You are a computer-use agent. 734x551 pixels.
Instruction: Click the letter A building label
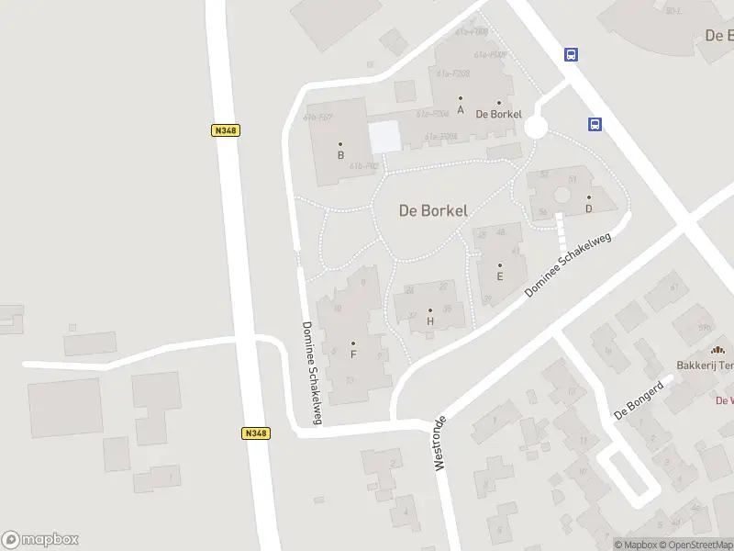(x=461, y=108)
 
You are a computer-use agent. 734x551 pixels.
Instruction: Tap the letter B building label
(x=340, y=154)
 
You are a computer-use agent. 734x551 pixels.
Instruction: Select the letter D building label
(x=589, y=208)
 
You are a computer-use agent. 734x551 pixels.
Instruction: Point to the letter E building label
(x=500, y=275)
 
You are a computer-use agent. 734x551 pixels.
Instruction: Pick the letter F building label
(x=353, y=354)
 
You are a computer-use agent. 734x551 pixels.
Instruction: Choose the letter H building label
(x=429, y=321)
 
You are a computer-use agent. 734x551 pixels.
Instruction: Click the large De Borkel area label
(x=433, y=210)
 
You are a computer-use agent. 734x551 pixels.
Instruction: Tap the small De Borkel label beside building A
(x=498, y=114)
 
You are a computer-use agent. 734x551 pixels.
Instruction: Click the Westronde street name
(x=439, y=444)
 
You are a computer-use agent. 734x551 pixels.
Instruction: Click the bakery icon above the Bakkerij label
(x=717, y=349)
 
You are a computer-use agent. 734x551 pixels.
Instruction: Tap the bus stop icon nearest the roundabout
(x=595, y=124)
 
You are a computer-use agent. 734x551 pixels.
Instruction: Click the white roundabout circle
(x=536, y=128)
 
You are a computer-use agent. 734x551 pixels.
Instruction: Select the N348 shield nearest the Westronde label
(x=257, y=433)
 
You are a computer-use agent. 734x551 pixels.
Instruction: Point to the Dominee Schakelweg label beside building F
(x=312, y=373)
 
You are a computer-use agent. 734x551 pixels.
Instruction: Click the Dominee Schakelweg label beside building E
(x=568, y=263)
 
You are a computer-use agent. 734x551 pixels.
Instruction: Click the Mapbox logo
(x=39, y=540)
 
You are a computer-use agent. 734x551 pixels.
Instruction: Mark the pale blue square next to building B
(x=385, y=138)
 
